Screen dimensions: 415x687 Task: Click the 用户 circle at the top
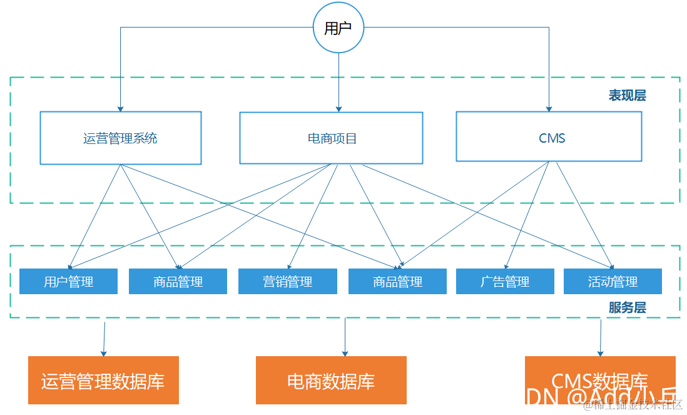[338, 28]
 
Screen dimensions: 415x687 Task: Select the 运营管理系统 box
[120, 138]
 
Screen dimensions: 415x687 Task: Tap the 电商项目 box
[331, 138]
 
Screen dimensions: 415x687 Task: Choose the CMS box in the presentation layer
[549, 137]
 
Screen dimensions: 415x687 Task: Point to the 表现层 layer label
[627, 96]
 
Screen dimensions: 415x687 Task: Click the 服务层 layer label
[627, 307]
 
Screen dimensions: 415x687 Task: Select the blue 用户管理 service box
[68, 282]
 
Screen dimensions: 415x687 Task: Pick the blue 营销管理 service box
[288, 282]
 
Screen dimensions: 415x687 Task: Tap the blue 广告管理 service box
[505, 282]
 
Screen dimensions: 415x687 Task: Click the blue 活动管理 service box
[613, 282]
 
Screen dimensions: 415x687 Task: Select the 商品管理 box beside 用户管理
[178, 282]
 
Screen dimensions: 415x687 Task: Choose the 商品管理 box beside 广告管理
[397, 282]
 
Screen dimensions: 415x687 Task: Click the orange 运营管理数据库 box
[103, 381]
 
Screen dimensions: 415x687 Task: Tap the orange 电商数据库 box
[331, 381]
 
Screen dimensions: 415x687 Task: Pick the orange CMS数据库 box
[599, 380]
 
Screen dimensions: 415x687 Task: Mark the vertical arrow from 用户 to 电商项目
[338, 81]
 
